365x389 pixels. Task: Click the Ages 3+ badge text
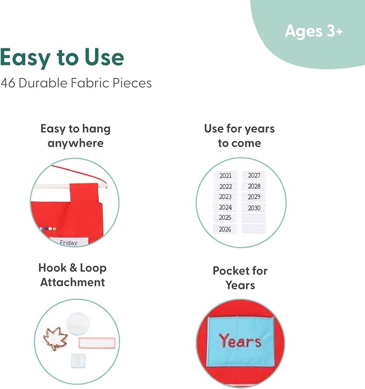click(313, 32)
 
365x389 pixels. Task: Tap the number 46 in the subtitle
click(8, 83)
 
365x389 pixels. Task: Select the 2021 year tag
click(225, 176)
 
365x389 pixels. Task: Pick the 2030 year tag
click(254, 208)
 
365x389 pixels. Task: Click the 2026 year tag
click(225, 229)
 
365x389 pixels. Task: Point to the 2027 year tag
click(254, 176)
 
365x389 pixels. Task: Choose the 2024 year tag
click(225, 207)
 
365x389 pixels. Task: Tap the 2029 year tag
click(254, 197)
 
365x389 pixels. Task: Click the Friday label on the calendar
click(69, 242)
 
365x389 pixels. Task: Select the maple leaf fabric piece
click(55, 338)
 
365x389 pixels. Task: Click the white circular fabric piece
click(77, 324)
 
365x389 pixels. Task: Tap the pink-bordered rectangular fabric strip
click(97, 343)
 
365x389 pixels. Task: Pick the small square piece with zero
click(78, 360)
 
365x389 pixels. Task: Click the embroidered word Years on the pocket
click(240, 341)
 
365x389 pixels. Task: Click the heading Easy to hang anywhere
click(75, 136)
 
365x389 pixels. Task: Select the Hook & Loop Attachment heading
click(73, 275)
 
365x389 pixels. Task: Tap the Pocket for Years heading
click(240, 278)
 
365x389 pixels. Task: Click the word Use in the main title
click(104, 57)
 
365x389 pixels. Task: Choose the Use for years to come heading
click(239, 136)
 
